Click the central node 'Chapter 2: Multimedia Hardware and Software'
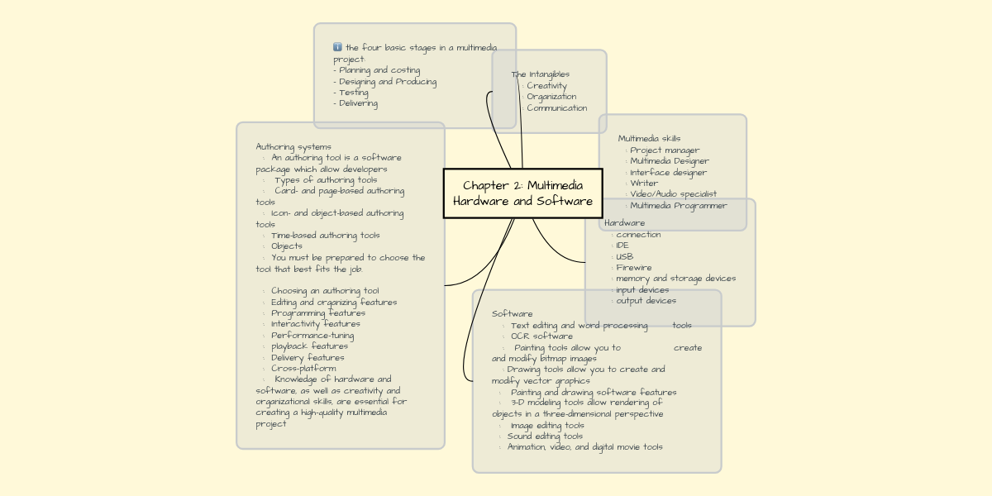(522, 193)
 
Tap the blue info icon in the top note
(337, 48)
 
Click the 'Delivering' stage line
(358, 103)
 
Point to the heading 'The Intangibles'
(540, 74)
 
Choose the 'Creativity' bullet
(546, 86)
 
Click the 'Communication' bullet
(556, 107)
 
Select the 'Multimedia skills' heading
(649, 139)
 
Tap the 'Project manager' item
(665, 150)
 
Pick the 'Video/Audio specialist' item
(673, 194)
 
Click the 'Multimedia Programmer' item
(678, 206)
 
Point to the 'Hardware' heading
(624, 223)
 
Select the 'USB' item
(624, 256)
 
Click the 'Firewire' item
(633, 268)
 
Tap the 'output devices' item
(646, 301)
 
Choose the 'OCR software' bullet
(541, 336)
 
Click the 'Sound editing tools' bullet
(545, 436)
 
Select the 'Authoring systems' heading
(293, 147)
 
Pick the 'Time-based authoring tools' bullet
(325, 236)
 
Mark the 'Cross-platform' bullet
(303, 369)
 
